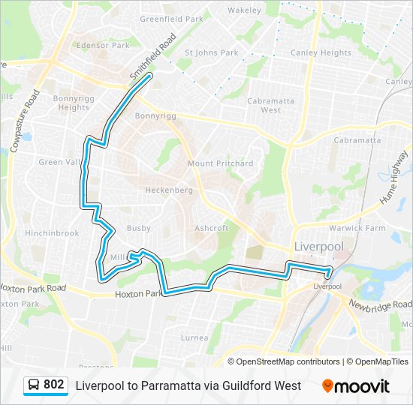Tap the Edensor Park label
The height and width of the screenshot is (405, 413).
(103, 46)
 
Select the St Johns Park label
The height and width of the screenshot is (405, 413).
(212, 52)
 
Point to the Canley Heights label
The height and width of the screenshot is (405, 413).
(321, 52)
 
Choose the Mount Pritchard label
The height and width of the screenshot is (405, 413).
(220, 163)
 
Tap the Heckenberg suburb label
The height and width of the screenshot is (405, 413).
(169, 190)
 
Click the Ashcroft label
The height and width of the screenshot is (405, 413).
(211, 228)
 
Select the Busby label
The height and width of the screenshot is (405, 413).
(139, 228)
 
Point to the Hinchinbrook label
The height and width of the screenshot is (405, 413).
(52, 233)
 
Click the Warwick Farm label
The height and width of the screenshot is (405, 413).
(357, 228)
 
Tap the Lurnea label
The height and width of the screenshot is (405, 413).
(194, 337)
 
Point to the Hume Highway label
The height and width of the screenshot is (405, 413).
(394, 178)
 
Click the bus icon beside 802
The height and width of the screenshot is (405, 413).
(34, 385)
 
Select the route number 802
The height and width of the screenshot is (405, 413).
(54, 385)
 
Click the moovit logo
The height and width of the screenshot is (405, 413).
(356, 385)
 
